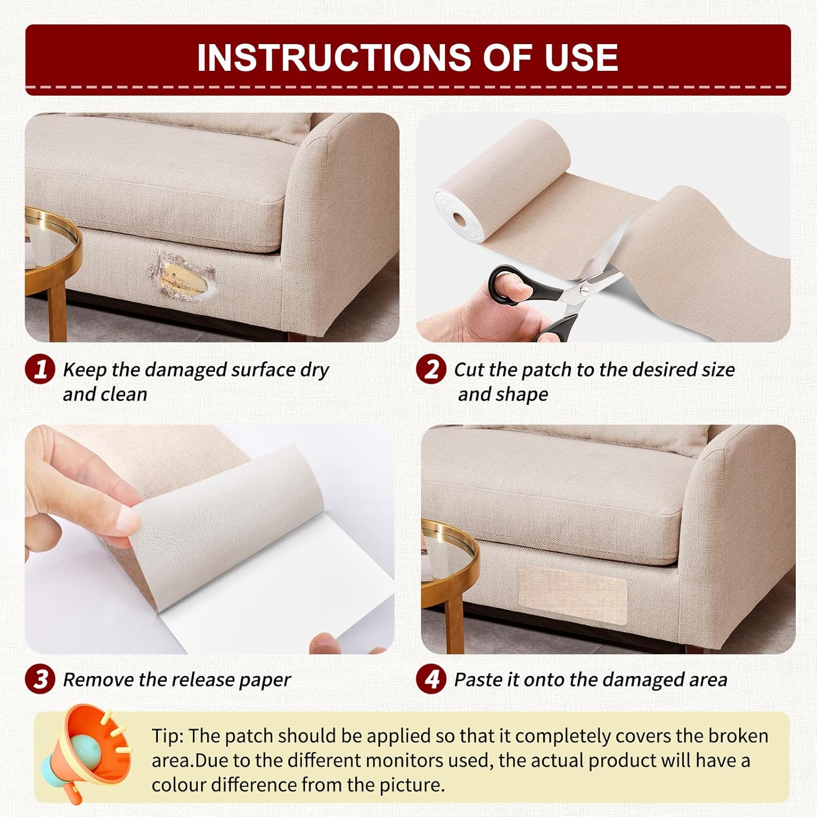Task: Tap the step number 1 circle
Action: pyautogui.click(x=40, y=369)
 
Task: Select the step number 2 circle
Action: pyautogui.click(x=431, y=369)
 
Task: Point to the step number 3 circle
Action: pyautogui.click(x=40, y=679)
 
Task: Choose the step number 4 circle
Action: pyautogui.click(x=431, y=679)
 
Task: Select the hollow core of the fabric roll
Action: pyautogui.click(x=461, y=220)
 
